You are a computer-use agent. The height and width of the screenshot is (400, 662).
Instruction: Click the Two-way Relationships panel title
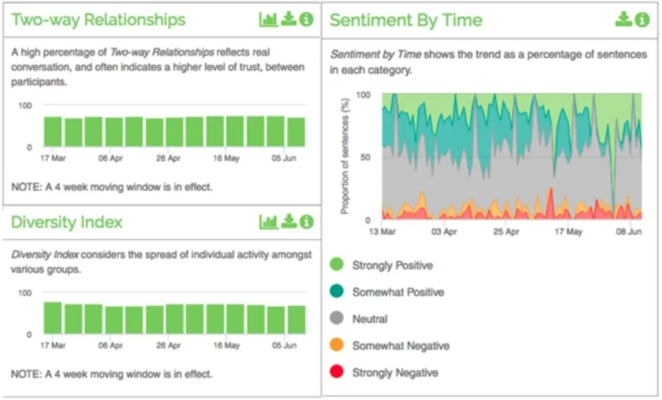98,20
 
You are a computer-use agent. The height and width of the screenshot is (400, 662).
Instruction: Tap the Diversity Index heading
67,222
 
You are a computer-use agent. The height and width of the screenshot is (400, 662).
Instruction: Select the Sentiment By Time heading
406,20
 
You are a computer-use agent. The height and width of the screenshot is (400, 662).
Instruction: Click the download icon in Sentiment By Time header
623,19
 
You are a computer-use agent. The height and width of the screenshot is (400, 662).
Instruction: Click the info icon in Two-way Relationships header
306,19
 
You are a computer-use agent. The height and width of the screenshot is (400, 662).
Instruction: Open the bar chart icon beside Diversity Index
268,222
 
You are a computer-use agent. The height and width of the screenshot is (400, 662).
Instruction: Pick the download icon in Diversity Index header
289,221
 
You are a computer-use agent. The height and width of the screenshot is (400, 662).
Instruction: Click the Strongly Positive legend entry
381,265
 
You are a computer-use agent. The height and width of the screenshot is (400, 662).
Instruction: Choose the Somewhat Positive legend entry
387,292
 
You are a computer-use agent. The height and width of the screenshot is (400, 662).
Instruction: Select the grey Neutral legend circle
336,318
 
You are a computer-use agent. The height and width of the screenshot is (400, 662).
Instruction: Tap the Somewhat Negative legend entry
390,346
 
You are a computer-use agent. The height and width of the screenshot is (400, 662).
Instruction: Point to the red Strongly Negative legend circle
336,372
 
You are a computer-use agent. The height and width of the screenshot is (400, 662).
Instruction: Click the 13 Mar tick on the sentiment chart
382,231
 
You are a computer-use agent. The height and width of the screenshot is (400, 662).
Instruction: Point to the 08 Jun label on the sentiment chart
628,231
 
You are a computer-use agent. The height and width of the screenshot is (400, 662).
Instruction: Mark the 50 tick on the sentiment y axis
365,157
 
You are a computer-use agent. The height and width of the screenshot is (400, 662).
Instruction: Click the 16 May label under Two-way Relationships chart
226,158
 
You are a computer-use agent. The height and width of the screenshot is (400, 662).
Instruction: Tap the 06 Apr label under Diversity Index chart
110,345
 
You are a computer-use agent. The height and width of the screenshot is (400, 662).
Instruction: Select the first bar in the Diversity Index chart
53,318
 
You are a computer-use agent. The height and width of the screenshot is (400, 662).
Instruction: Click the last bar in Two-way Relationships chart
296,132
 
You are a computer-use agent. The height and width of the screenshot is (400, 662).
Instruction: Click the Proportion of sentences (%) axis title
345,156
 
